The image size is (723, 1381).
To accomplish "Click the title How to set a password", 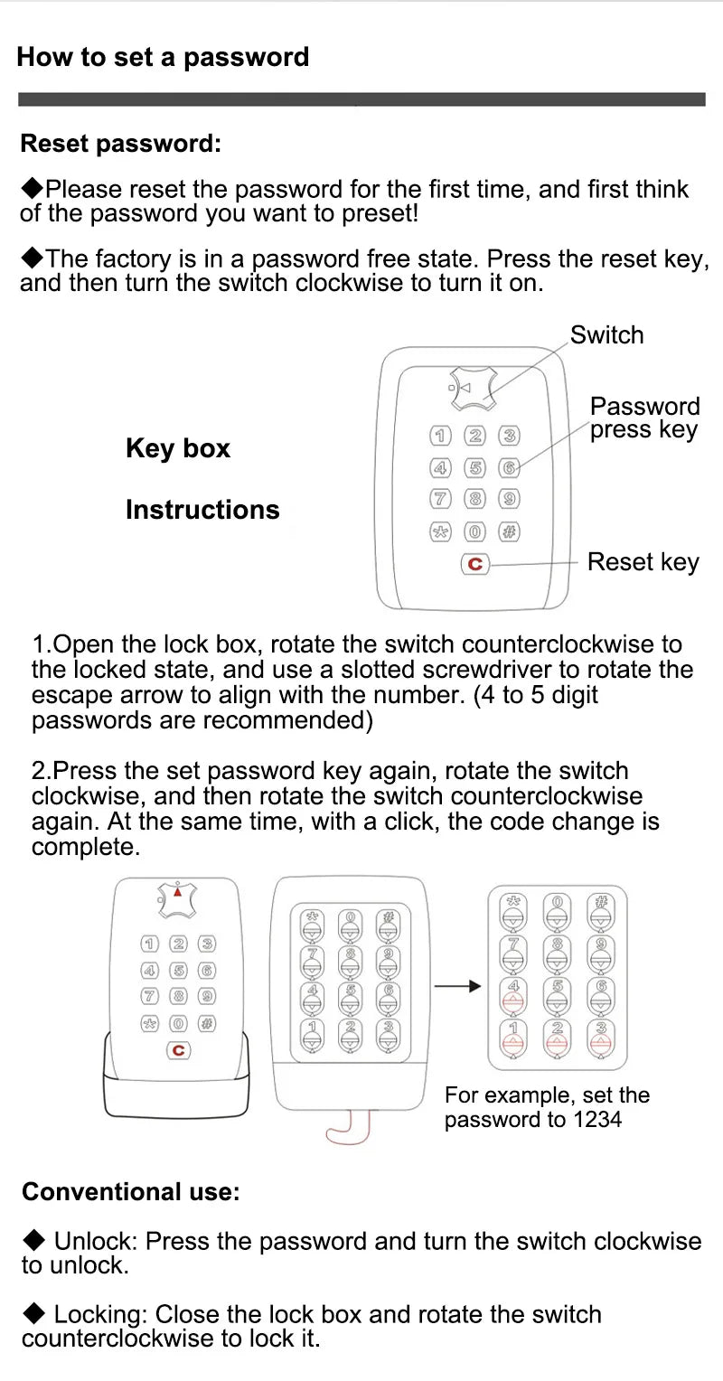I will pyautogui.click(x=163, y=57).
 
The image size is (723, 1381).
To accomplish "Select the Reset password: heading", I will pyautogui.click(x=120, y=144).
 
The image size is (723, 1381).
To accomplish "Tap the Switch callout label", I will pyautogui.click(x=606, y=334).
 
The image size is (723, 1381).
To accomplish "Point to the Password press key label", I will pyautogui.click(x=644, y=418).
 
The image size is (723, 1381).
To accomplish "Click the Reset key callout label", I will pyautogui.click(x=643, y=562).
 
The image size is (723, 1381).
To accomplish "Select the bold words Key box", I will pyautogui.click(x=178, y=448).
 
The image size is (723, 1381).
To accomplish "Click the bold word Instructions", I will pyautogui.click(x=202, y=510).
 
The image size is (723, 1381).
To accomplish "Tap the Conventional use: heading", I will pyautogui.click(x=131, y=1192).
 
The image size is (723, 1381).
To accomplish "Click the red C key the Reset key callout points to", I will pyautogui.click(x=474, y=564).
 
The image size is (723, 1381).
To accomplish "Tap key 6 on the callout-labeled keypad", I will pyautogui.click(x=509, y=468).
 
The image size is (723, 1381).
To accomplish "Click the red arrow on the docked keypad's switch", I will pyautogui.click(x=178, y=891).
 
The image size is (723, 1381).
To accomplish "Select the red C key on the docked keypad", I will pyautogui.click(x=178, y=1050).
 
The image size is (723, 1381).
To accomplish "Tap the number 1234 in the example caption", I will pyautogui.click(x=597, y=1120).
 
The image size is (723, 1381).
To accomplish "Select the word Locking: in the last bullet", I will pyautogui.click(x=101, y=1314).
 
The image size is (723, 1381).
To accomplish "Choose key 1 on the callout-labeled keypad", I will pyautogui.click(x=440, y=437).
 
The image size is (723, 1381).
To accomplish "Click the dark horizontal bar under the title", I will pyautogui.click(x=361, y=99).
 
